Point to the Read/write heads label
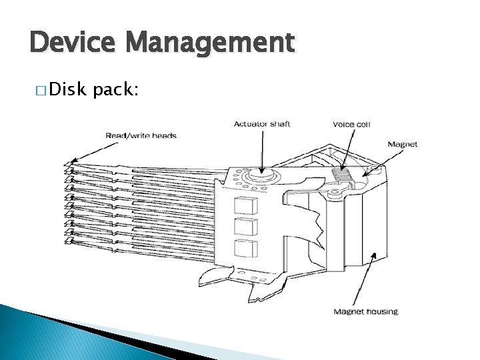pyautogui.click(x=141, y=136)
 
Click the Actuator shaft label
pyautogui.click(x=262, y=123)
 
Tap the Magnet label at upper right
pyautogui.click(x=402, y=145)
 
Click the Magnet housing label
pyautogui.click(x=365, y=311)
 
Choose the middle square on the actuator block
pyautogui.click(x=246, y=227)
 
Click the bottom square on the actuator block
pyautogui.click(x=246, y=249)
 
